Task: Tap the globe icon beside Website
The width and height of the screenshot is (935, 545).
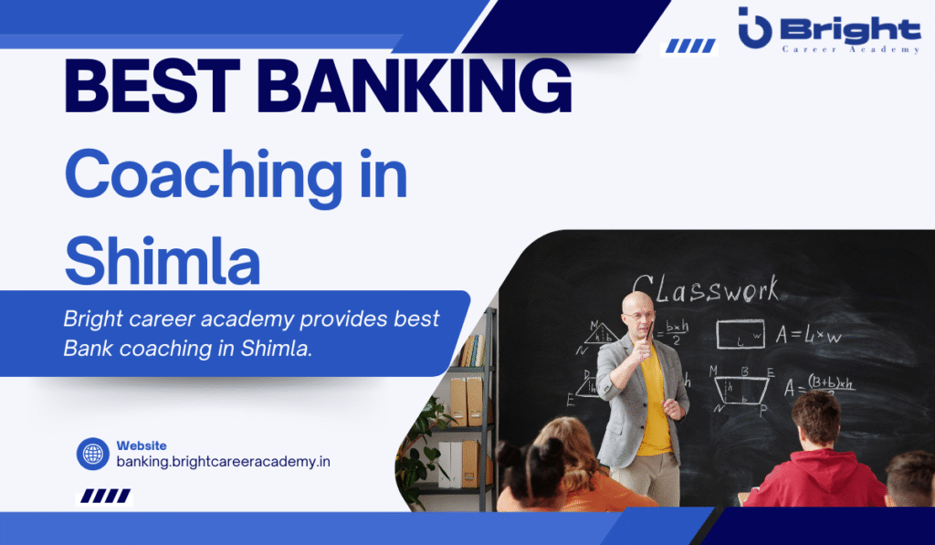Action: click(92, 454)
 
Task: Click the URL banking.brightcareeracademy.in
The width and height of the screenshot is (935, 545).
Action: click(223, 462)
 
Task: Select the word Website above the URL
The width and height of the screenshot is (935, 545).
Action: click(141, 445)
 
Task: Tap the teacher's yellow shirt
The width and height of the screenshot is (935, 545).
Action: click(654, 402)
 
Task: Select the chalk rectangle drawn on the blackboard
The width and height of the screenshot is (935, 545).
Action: click(740, 334)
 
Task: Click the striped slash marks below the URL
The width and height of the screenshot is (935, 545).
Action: click(103, 497)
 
